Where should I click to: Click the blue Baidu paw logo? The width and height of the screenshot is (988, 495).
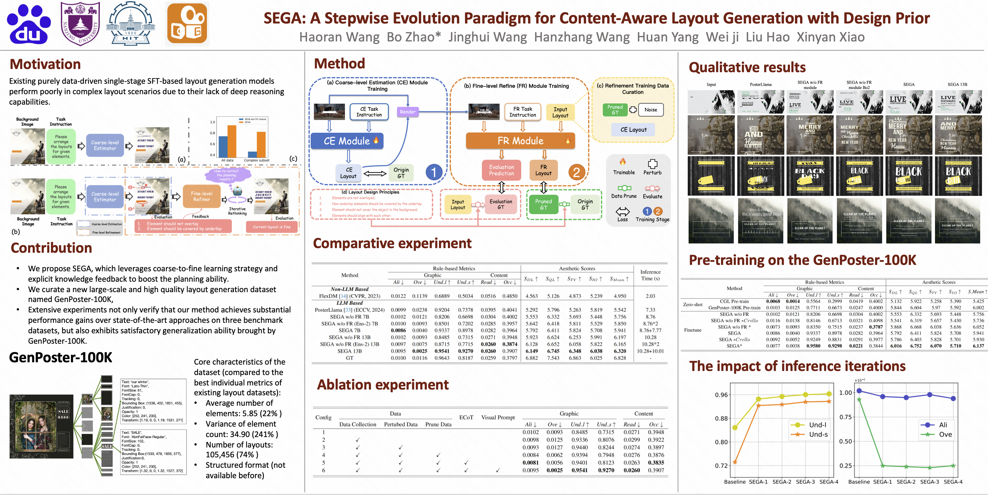point(29,24)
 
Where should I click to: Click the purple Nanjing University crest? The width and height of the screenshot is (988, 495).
point(80,24)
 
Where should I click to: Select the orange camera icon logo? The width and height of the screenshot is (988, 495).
point(187,24)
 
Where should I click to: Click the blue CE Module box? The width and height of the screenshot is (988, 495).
point(347,141)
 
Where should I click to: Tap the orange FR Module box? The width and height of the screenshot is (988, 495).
point(520,141)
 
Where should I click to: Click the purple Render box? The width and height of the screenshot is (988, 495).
point(407,112)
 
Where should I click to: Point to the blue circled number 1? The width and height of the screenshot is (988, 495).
point(434,172)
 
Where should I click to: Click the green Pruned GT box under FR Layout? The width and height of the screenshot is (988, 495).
point(544,204)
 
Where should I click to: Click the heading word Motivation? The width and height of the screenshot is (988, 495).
point(45,64)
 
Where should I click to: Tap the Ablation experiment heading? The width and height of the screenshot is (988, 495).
point(383,385)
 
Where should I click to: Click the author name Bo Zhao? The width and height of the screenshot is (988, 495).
point(414,37)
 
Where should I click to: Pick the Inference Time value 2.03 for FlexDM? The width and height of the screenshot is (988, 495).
point(650,296)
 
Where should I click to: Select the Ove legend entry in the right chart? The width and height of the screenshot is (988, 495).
point(945,434)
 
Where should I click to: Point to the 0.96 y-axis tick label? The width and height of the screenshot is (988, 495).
point(721,395)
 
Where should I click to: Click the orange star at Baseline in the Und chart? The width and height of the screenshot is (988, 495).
point(735,462)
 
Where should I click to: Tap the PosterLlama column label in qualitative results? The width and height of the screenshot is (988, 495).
point(761,84)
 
